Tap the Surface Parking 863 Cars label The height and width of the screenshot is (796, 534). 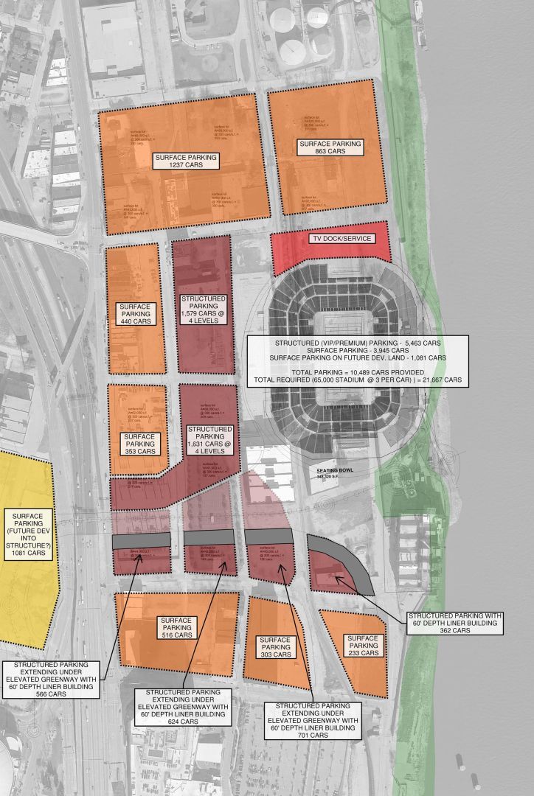click(x=330, y=146)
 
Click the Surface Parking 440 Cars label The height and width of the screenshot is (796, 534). click(x=135, y=313)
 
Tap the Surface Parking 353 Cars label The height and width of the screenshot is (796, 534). click(x=139, y=444)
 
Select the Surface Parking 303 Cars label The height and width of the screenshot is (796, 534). click(x=275, y=647)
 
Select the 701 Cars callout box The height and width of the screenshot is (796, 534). click(x=314, y=719)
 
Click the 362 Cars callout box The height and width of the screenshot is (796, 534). click(x=454, y=623)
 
